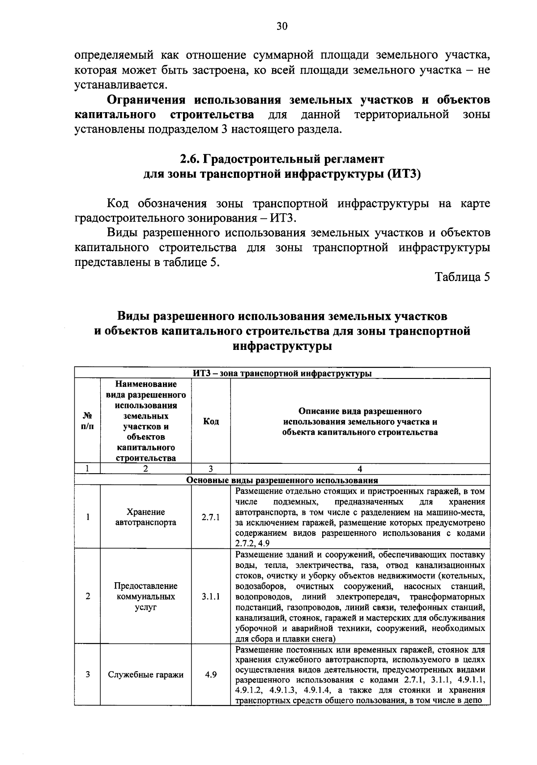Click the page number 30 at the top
[281, 26]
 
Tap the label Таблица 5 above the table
[463, 277]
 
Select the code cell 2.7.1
[210, 517]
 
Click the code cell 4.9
[211, 675]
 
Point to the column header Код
[211, 421]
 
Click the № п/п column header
[88, 421]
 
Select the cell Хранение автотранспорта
[146, 517]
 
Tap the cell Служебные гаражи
[146, 675]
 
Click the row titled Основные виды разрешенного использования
[282, 481]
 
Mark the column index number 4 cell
[360, 469]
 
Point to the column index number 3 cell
[210, 469]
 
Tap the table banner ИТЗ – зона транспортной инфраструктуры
[282, 373]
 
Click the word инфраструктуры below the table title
[282, 346]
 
